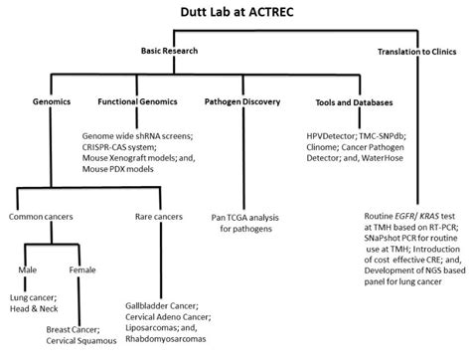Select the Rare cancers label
tap(163, 216)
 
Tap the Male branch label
tap(30, 270)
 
